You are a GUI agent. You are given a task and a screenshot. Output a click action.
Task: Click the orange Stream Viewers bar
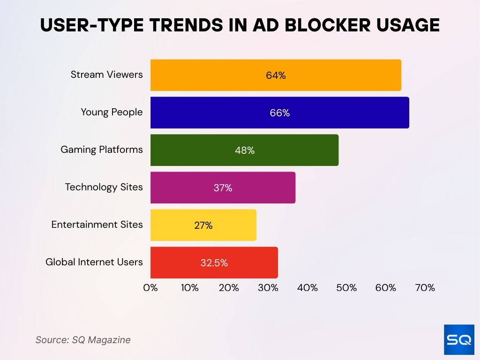pyautogui.click(x=276, y=75)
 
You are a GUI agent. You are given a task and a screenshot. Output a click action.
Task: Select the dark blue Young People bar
pyautogui.click(x=279, y=112)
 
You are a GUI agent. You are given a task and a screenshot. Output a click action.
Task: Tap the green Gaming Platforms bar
pyautogui.click(x=244, y=150)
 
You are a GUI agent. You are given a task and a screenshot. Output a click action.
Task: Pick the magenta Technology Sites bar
pyautogui.click(x=223, y=187)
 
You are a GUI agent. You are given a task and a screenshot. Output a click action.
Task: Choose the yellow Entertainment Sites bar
pyautogui.click(x=203, y=225)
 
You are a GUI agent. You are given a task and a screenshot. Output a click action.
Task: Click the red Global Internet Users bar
pyautogui.click(x=214, y=262)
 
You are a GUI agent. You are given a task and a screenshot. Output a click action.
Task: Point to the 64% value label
pyautogui.click(x=276, y=75)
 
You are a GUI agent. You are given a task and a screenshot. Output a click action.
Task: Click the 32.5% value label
pyautogui.click(x=214, y=263)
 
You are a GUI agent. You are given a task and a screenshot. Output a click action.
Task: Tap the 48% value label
pyautogui.click(x=245, y=150)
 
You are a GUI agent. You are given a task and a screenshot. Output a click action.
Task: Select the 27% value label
pyautogui.click(x=203, y=225)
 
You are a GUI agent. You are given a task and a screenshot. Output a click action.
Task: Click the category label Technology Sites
pyautogui.click(x=104, y=187)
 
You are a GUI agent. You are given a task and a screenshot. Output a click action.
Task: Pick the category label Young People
pyautogui.click(x=112, y=112)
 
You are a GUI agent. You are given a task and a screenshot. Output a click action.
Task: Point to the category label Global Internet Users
pyautogui.click(x=94, y=262)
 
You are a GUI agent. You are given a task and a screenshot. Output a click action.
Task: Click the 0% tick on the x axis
pyautogui.click(x=150, y=288)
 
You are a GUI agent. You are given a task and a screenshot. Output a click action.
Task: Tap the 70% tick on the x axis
pyautogui.click(x=425, y=288)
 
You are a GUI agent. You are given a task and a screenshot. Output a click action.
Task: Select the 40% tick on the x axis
pyautogui.click(x=307, y=288)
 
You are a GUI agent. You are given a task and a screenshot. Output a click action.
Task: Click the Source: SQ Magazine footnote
pyautogui.click(x=83, y=340)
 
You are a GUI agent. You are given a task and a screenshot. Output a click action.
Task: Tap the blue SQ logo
pyautogui.click(x=459, y=339)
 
